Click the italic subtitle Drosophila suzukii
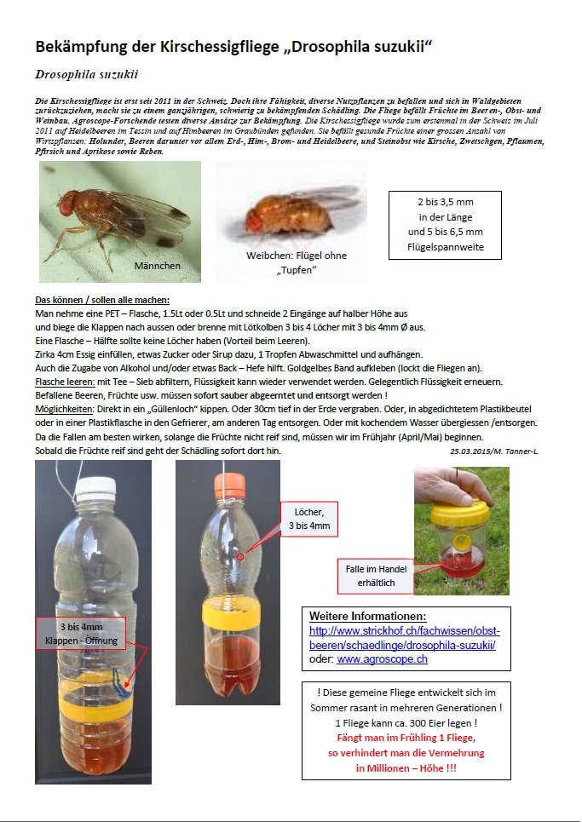(x=87, y=74)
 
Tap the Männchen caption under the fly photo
(x=158, y=267)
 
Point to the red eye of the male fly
(x=66, y=205)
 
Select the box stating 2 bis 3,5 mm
(x=444, y=225)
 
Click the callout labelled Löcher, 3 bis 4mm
(x=309, y=518)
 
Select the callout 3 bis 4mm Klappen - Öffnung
(x=83, y=633)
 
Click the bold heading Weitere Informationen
(x=367, y=616)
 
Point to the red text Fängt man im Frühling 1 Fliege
(x=406, y=738)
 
